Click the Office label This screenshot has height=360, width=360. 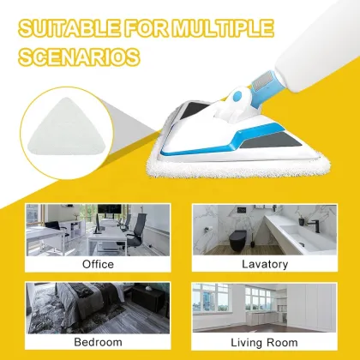98,264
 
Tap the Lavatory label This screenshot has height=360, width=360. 263,264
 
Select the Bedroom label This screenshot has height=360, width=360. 97,341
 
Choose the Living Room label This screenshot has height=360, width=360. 263,341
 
